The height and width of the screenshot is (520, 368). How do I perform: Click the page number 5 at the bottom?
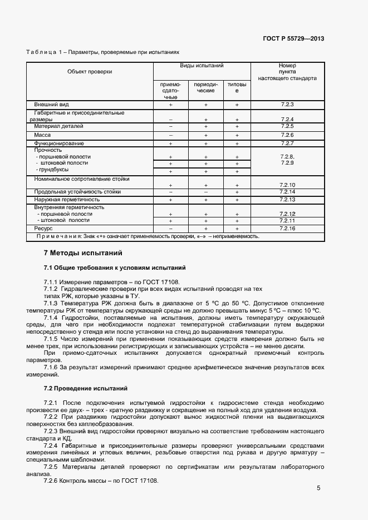pyautogui.click(x=318, y=488)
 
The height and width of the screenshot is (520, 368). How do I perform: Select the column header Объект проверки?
pyautogui.click(x=90, y=71)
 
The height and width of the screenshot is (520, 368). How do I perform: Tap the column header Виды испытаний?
pyautogui.click(x=202, y=66)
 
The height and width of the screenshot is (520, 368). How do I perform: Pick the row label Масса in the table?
pyautogui.click(x=42, y=135)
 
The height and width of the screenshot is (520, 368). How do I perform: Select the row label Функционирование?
pyautogui.click(x=59, y=143)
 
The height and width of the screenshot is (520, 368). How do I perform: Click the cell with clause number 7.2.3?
pyautogui.click(x=287, y=105)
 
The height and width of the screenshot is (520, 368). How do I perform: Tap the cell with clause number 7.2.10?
pyautogui.click(x=287, y=185)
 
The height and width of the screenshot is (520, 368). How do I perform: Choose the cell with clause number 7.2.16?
pyautogui.click(x=287, y=229)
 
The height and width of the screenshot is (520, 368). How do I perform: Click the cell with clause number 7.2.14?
pyautogui.click(x=287, y=192)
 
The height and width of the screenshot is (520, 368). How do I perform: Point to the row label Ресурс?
pyautogui.click(x=43, y=229)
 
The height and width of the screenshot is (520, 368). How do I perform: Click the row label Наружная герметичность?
pyautogui.click(x=67, y=199)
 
